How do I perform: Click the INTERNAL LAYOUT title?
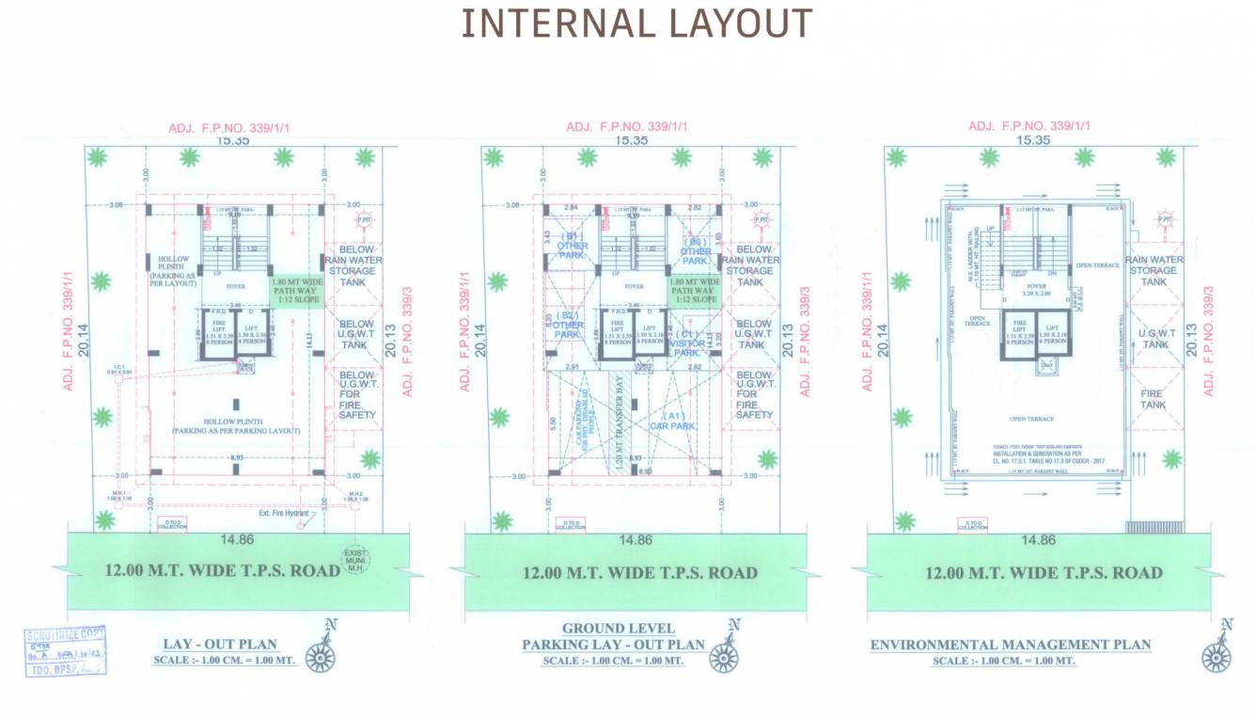636,24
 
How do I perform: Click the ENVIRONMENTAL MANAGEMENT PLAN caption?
1010,645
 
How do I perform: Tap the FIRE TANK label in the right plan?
1154,399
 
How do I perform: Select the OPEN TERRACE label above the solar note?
1031,419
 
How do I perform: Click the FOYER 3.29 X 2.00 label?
1036,289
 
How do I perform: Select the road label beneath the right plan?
1044,572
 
